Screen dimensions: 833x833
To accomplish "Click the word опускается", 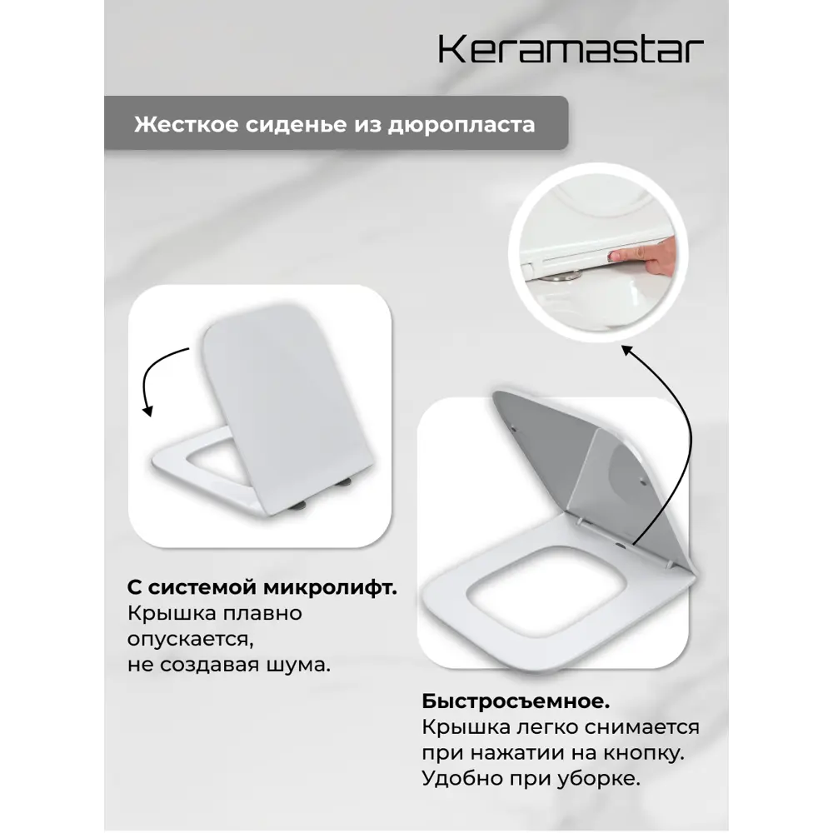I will point(189,639).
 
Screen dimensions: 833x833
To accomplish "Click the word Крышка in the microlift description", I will point(165,613).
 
